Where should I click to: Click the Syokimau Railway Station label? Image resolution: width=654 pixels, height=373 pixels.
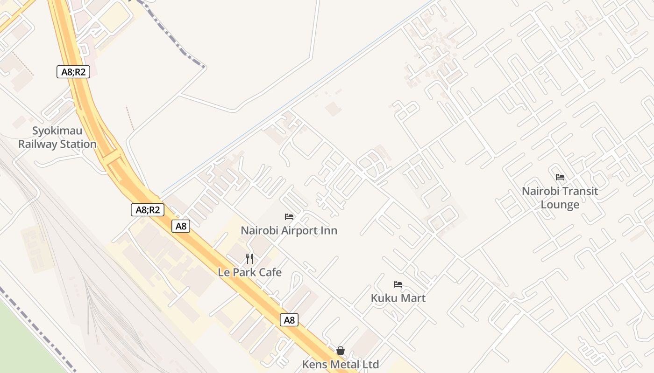point(57,137)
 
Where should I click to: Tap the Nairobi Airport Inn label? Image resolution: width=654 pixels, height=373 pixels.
point(289,230)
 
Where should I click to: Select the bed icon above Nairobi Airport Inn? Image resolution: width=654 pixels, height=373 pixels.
point(289,217)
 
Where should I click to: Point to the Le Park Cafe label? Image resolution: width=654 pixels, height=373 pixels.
point(249,272)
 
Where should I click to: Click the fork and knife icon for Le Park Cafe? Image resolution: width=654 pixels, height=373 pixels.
point(250,259)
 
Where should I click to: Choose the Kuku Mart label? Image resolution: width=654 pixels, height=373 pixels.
point(398,297)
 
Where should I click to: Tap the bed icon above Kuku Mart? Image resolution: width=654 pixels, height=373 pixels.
point(398,284)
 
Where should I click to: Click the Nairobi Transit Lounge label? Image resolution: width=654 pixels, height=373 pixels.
point(560,198)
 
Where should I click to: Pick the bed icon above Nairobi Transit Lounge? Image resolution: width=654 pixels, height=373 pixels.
point(560,177)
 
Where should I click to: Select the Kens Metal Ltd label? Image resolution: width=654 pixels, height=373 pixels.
point(340,364)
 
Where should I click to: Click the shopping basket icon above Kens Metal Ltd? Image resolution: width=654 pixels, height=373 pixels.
point(341,351)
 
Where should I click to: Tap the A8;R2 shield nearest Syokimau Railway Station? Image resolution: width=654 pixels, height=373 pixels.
point(73,72)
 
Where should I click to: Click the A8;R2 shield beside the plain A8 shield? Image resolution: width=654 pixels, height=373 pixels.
point(148,210)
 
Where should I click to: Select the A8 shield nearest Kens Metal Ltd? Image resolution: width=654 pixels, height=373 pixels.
point(289,320)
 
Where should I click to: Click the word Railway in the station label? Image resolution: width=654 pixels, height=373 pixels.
point(38,144)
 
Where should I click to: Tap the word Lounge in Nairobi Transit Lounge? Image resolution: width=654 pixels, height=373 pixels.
point(560,205)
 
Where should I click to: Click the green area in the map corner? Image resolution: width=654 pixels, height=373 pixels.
point(23,340)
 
